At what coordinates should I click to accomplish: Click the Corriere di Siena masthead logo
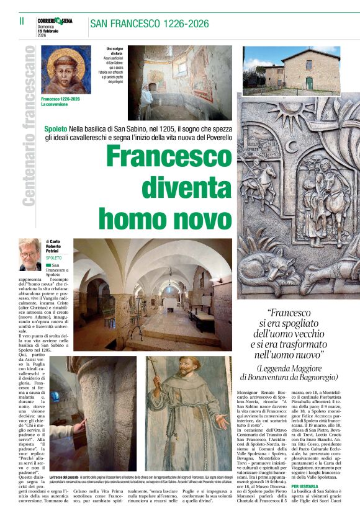tap(55, 21)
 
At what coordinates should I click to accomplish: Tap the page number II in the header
tap(21, 20)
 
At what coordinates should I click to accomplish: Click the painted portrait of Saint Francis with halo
tap(65, 69)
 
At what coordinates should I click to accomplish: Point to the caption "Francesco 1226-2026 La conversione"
tap(61, 102)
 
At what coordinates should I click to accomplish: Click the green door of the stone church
tap(309, 83)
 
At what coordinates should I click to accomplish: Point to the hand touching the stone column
tap(80, 426)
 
